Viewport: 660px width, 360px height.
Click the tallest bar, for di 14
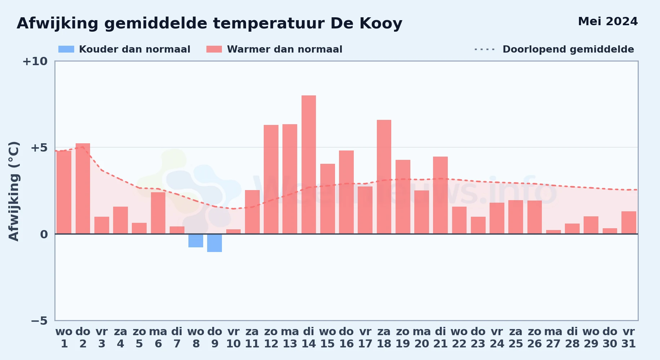click(x=309, y=165)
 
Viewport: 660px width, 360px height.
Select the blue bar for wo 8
click(x=196, y=240)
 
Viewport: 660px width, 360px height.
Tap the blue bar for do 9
click(x=215, y=243)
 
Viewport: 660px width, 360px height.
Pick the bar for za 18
click(x=384, y=177)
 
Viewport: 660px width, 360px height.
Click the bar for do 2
click(x=83, y=189)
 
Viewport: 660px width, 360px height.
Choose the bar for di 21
click(x=440, y=195)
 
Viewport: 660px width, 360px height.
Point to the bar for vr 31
click(x=629, y=222)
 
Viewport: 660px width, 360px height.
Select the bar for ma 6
click(x=158, y=213)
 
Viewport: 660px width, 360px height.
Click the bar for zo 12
click(x=271, y=179)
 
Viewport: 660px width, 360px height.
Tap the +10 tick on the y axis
click(x=35, y=61)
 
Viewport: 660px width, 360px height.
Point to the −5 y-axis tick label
click(x=39, y=321)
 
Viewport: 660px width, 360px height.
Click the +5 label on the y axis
click(x=39, y=148)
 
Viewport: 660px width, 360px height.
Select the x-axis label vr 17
click(x=365, y=338)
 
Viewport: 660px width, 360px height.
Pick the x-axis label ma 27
click(x=553, y=338)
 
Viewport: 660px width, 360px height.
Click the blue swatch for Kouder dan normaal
click(x=66, y=49)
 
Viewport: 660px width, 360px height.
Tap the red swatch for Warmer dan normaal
click(x=214, y=49)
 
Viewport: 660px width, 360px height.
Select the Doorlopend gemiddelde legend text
click(x=568, y=49)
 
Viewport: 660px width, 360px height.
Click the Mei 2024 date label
click(x=608, y=22)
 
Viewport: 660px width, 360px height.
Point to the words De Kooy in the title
click(x=366, y=24)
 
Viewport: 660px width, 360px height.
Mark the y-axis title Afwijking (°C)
click(x=14, y=191)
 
